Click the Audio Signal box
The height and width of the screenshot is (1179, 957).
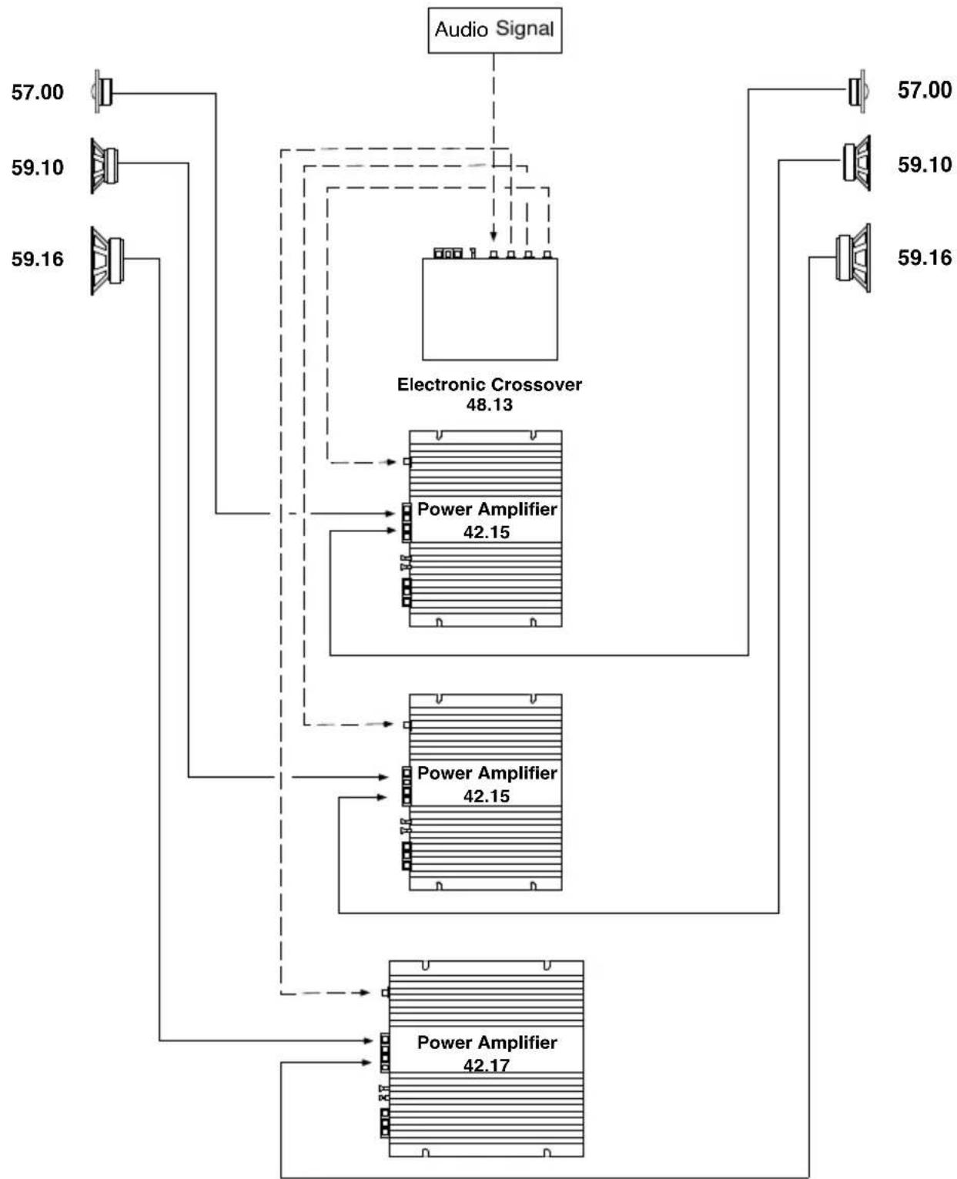[494, 30]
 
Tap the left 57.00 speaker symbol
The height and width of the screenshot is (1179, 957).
[103, 92]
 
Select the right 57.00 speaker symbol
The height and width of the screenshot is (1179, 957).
[857, 91]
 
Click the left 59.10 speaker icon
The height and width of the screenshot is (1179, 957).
[105, 165]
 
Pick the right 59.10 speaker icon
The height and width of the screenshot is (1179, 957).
[856, 162]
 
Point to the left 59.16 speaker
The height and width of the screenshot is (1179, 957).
[107, 260]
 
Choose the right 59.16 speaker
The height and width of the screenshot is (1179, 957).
[854, 257]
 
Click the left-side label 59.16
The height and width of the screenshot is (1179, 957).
[37, 259]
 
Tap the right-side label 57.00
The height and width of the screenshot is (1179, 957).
[924, 90]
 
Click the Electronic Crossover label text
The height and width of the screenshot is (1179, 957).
[489, 384]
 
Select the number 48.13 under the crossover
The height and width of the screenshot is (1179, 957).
[489, 405]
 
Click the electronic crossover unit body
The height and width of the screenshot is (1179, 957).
[490, 309]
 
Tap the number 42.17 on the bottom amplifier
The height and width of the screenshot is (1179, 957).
[486, 1065]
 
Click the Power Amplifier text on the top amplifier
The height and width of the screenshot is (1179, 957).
[487, 509]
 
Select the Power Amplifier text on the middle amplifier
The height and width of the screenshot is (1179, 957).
[487, 772]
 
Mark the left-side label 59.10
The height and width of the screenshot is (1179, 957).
[37, 167]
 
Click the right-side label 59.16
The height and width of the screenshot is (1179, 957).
[924, 257]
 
